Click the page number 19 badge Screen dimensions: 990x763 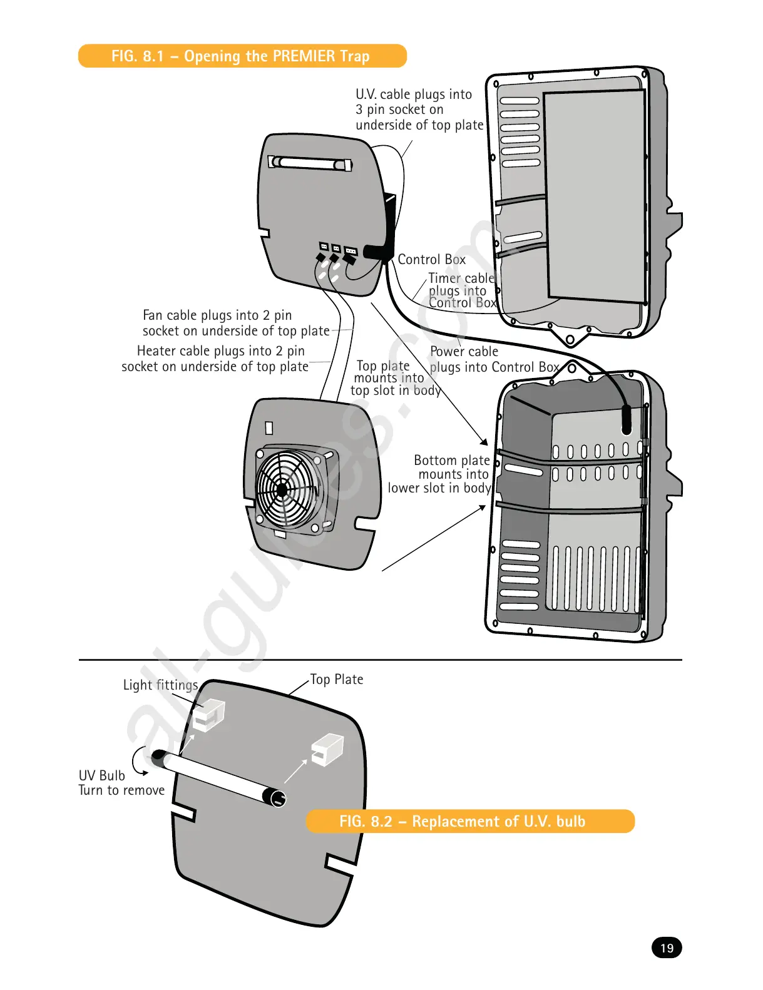(x=667, y=947)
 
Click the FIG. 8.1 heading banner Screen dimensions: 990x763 (x=242, y=56)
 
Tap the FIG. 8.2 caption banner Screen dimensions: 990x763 (x=469, y=821)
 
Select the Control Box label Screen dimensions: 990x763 (x=431, y=260)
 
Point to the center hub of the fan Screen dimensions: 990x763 (x=282, y=490)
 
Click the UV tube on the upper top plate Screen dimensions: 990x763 (x=310, y=163)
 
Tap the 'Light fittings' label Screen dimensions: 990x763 (x=160, y=685)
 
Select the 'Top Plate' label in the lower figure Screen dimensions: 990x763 (x=337, y=680)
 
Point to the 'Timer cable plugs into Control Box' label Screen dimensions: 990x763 (x=462, y=291)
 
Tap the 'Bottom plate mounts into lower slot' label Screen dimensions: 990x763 (x=441, y=474)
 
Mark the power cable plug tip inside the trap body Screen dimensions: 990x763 (x=626, y=421)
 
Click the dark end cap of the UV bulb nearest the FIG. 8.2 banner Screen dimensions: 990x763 (x=275, y=797)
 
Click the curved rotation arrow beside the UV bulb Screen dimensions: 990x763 (x=140, y=760)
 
